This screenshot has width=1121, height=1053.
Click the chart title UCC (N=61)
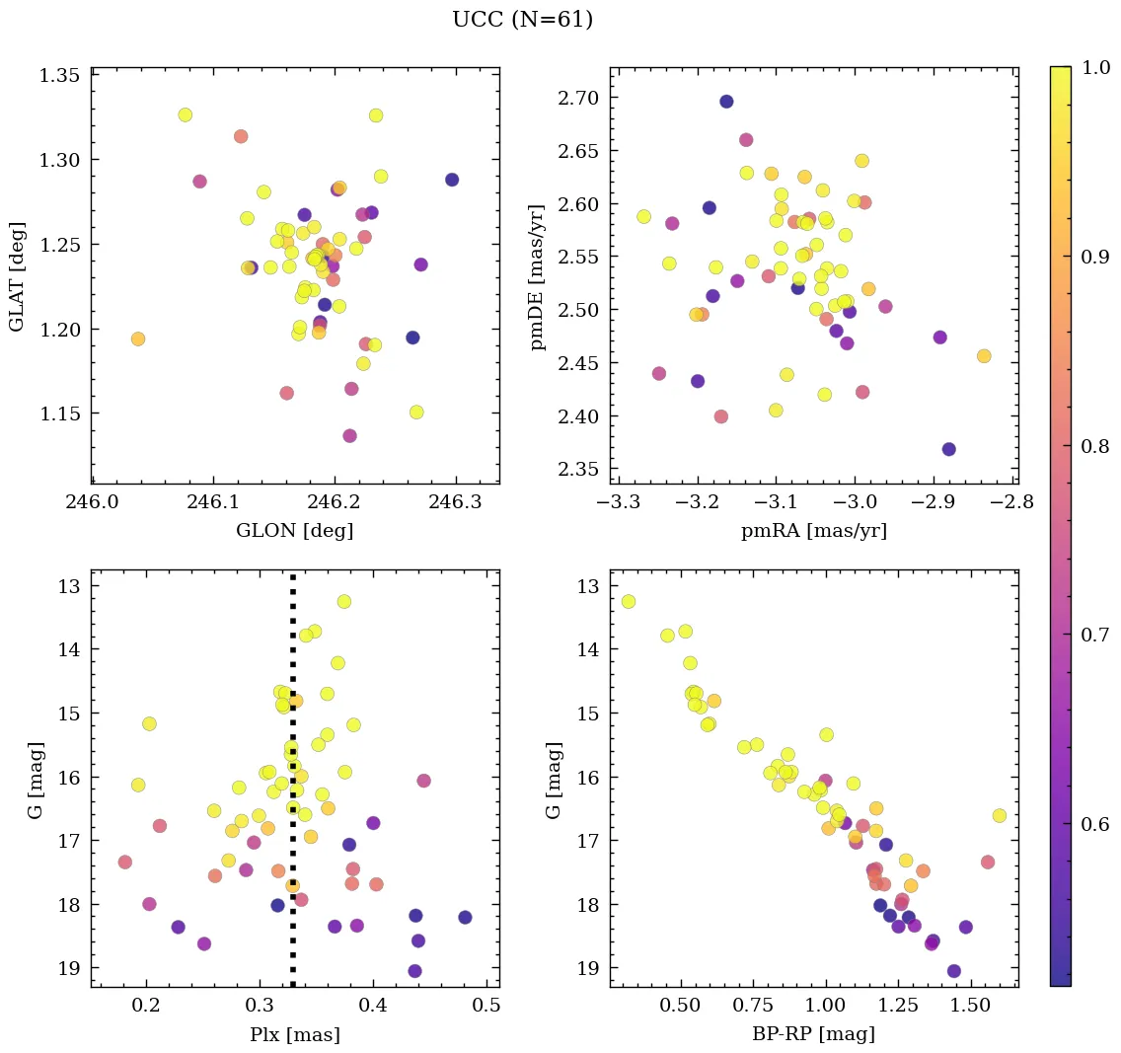[x=522, y=20]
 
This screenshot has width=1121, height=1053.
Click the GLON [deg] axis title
[x=294, y=531]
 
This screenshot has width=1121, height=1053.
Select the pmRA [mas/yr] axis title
[x=813, y=531]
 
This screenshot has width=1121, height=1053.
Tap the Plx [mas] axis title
[x=294, y=1034]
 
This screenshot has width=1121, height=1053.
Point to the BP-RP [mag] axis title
[x=813, y=1034]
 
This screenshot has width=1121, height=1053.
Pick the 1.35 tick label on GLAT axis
[x=59, y=75]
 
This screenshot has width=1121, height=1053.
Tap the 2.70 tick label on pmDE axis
[x=578, y=98]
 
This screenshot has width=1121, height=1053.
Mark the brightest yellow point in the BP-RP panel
[x=629, y=601]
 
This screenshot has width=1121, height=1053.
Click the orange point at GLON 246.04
[x=138, y=338]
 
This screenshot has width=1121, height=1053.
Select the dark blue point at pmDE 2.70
[x=726, y=101]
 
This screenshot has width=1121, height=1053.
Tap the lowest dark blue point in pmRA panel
[x=948, y=449]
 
